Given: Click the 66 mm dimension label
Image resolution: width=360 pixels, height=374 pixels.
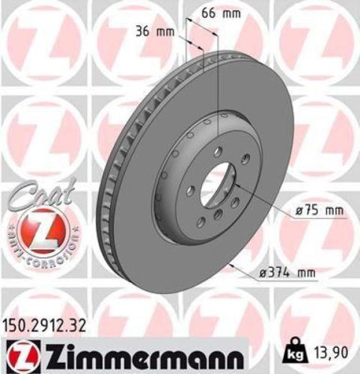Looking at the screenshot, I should tap(222, 13).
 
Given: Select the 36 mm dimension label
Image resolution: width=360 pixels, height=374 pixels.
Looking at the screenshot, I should tap(155, 31).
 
